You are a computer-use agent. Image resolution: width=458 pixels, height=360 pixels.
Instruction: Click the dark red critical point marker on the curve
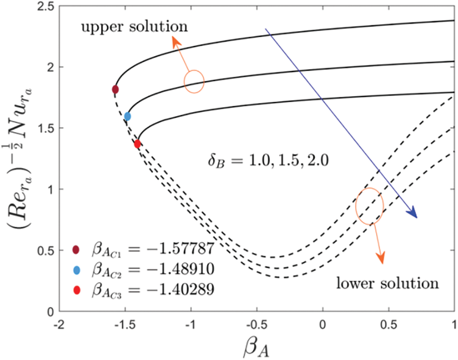(115, 89)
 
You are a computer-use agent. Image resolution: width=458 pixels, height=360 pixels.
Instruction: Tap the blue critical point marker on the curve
(127, 116)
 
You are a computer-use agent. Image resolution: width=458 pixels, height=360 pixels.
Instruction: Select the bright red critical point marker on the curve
(137, 144)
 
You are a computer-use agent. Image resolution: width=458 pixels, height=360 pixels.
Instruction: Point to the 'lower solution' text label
(387, 283)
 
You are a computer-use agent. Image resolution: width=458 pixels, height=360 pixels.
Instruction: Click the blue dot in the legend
(77, 270)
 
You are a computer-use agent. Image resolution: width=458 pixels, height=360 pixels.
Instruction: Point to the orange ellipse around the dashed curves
(369, 206)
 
